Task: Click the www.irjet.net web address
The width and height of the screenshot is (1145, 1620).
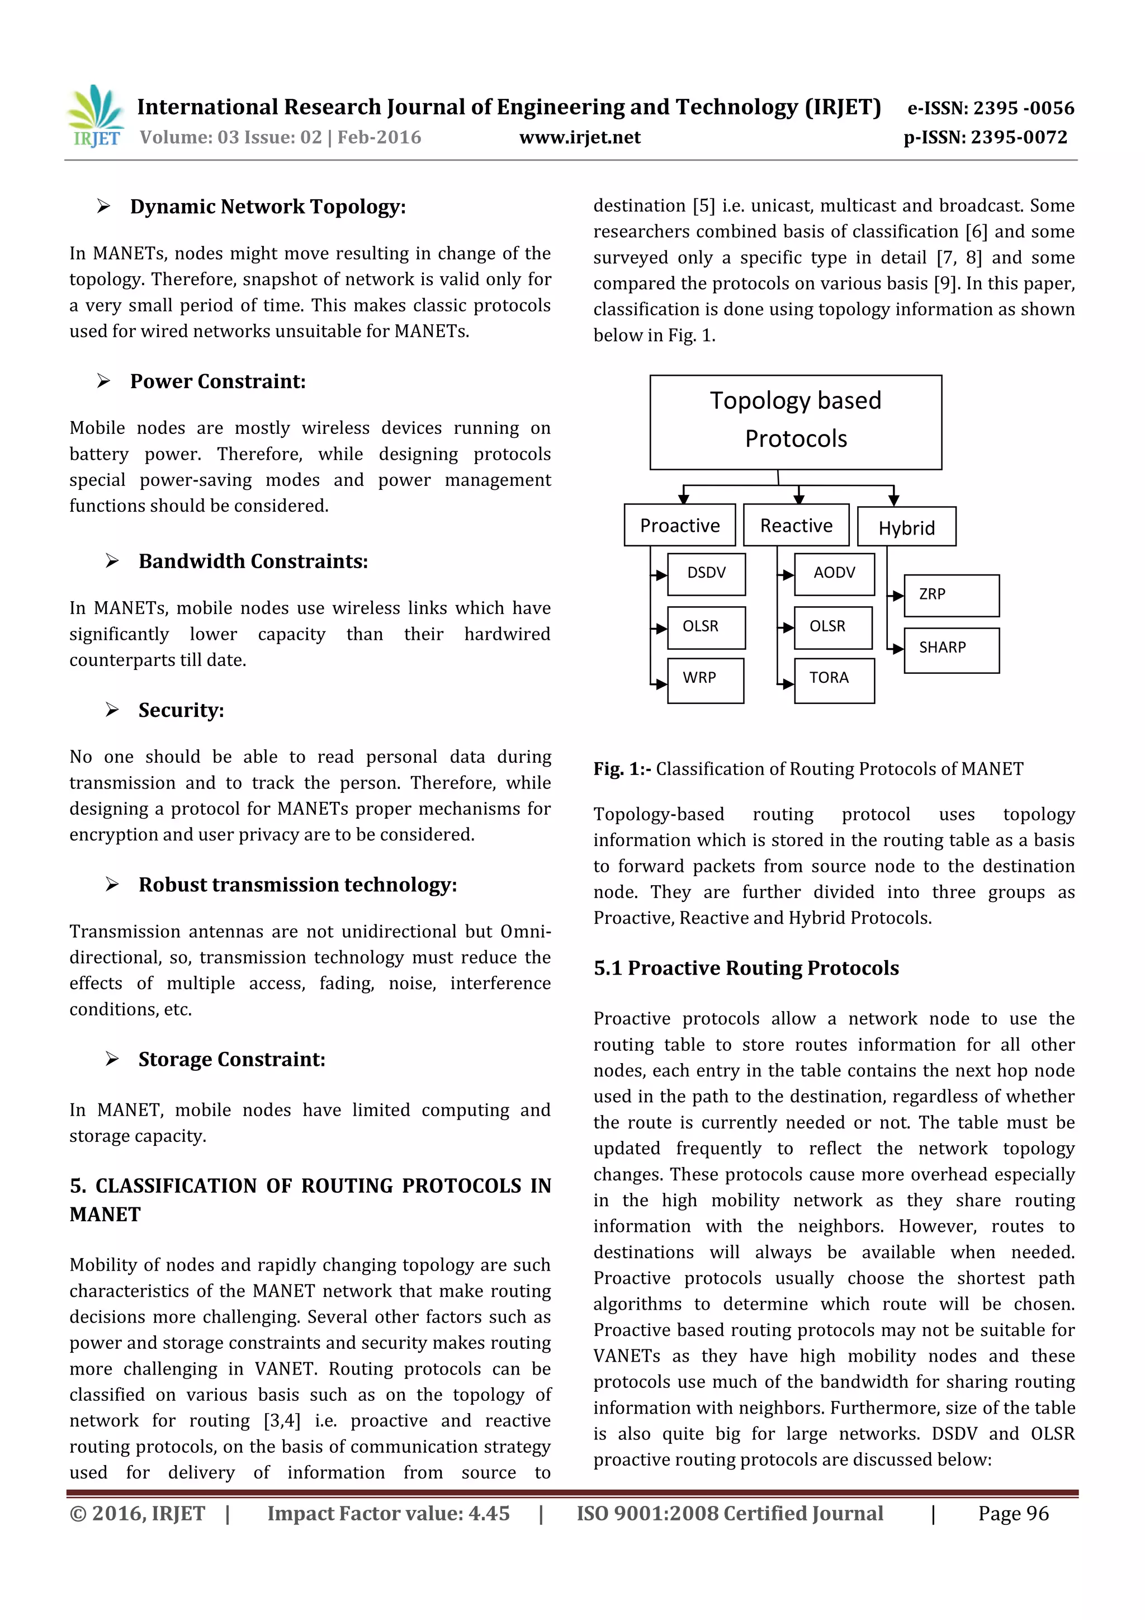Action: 579,138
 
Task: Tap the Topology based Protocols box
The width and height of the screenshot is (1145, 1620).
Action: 795,422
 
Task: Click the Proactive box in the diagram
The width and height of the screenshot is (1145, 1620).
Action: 679,526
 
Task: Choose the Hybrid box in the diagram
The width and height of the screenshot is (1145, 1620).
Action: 906,528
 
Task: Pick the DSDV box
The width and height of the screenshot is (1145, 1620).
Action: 706,573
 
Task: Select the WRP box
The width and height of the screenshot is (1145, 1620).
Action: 705,679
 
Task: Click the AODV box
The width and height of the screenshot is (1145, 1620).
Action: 834,573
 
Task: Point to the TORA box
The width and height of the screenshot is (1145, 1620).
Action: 834,679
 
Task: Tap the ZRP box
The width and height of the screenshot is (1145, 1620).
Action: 951,595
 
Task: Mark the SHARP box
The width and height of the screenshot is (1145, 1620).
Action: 951,649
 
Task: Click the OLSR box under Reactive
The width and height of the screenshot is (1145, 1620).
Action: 832,626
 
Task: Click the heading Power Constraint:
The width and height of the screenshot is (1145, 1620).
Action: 218,382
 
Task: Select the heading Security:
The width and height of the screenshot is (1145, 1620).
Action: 181,711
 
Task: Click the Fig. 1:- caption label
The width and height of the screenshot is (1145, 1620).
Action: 622,769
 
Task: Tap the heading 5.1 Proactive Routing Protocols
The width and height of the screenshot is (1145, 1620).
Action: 746,968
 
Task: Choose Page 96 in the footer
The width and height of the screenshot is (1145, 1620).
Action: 1012,1513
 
